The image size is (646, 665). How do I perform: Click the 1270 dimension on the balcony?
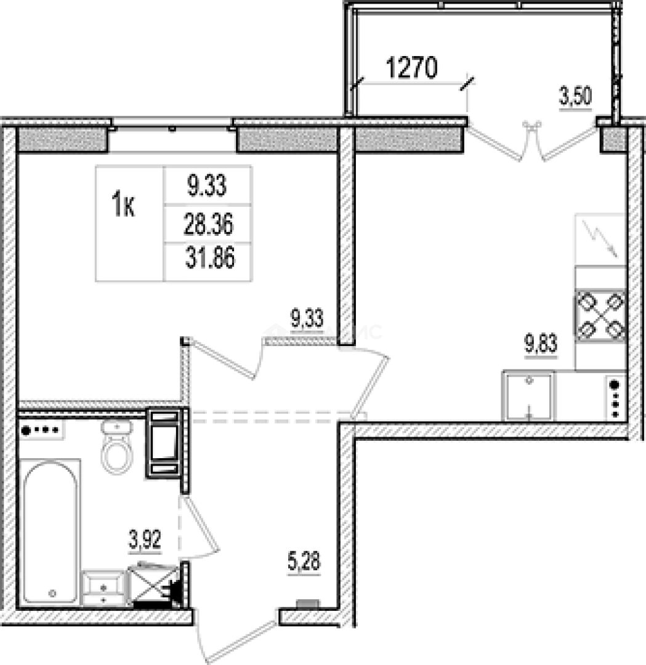coord(412,68)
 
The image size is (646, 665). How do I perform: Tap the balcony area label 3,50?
coord(575,97)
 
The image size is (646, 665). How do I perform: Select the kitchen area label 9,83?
coord(541,344)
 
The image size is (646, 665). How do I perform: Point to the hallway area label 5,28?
coord(304,562)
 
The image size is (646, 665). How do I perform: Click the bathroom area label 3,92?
coord(145,541)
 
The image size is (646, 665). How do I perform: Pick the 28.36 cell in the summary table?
coord(208,224)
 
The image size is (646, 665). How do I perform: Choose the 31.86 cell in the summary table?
coord(210,258)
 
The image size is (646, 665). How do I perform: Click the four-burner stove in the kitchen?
coord(600,315)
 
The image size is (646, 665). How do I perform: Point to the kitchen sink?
coord(528,396)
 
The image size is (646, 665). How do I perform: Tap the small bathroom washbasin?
coord(104,588)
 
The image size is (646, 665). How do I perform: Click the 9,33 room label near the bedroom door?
coord(307,318)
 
